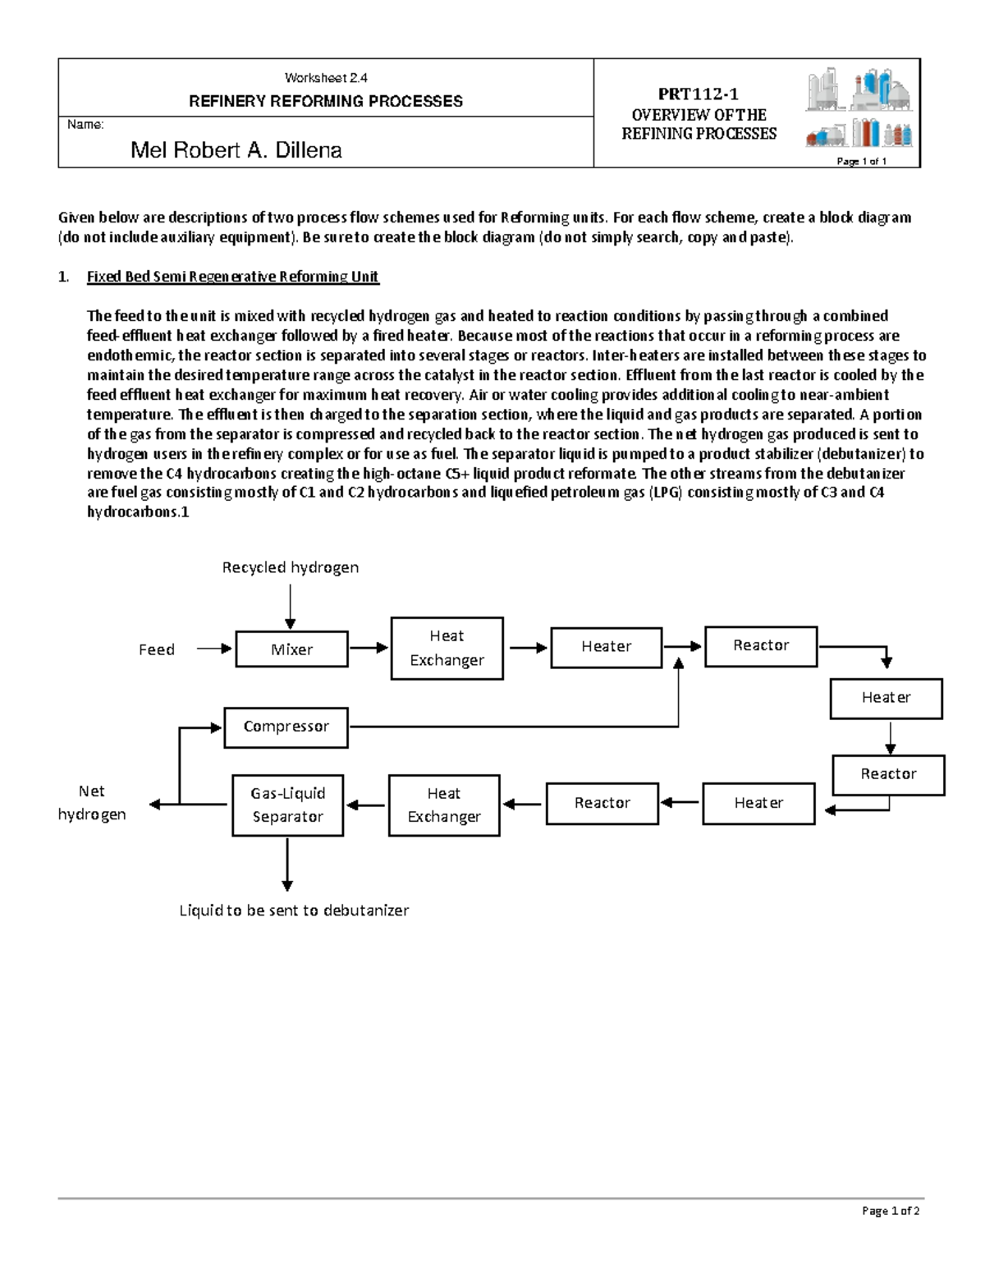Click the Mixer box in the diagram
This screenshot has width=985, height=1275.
coord(291,649)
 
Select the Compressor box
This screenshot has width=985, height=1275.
coord(286,727)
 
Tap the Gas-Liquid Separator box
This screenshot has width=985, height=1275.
coord(287,805)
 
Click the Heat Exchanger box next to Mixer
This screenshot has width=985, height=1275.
coord(447,649)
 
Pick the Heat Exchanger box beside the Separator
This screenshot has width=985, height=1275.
coord(443,805)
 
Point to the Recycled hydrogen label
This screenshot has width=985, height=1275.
coord(290,567)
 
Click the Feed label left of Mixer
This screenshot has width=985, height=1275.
coord(156,649)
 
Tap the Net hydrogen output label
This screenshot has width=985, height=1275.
coord(91,803)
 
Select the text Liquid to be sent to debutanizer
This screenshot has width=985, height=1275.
coord(294,910)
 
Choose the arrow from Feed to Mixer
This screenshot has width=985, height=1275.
coord(214,649)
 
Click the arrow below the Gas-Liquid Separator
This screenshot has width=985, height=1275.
coord(287,864)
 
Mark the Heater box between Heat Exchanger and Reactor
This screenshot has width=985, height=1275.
coord(607,648)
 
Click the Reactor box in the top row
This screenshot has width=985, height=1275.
coord(761,646)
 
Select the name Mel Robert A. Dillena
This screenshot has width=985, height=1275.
coord(236,150)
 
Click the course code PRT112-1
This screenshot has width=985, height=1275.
coord(698,94)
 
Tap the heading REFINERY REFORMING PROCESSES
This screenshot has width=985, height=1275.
coord(326,102)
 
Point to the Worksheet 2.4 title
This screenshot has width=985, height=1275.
coord(326,78)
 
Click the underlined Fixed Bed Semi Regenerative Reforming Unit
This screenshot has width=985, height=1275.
coord(232,277)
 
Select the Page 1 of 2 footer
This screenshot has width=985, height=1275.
coord(891,1211)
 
